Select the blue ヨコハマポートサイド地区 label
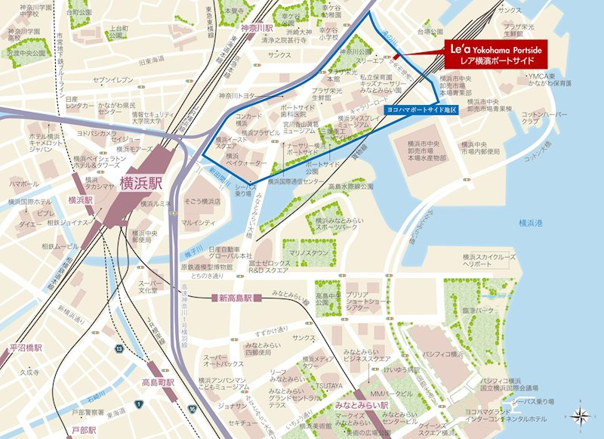421,110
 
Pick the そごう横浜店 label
201,202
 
